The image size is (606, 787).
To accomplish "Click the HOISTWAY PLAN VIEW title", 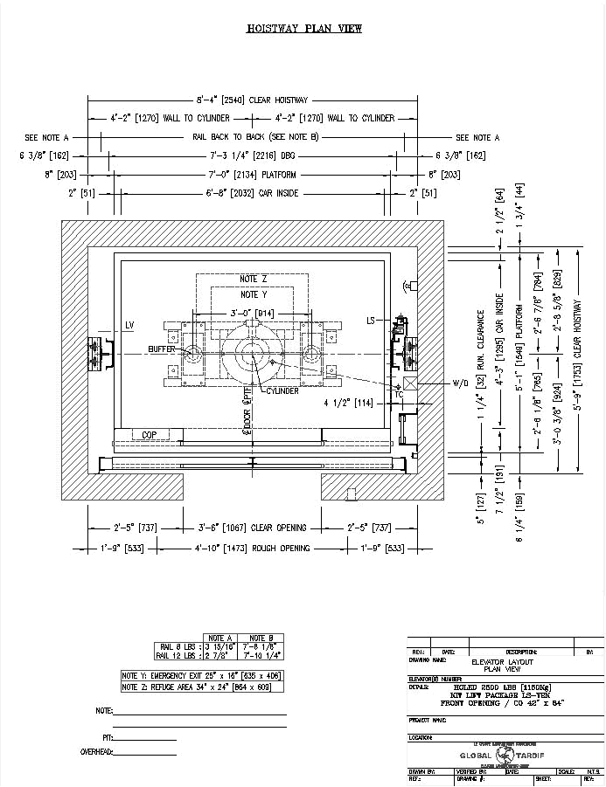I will click(303, 29).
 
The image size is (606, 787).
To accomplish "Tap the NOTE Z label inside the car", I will click(254, 279).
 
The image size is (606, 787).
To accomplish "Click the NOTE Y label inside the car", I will click(254, 294).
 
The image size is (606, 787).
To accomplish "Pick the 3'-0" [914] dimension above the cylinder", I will click(252, 312).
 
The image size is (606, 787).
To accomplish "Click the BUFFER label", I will click(162, 349).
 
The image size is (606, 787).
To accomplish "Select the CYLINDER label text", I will click(282, 390).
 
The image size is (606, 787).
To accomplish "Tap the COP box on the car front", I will click(150, 434).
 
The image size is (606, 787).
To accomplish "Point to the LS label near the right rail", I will click(371, 321).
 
